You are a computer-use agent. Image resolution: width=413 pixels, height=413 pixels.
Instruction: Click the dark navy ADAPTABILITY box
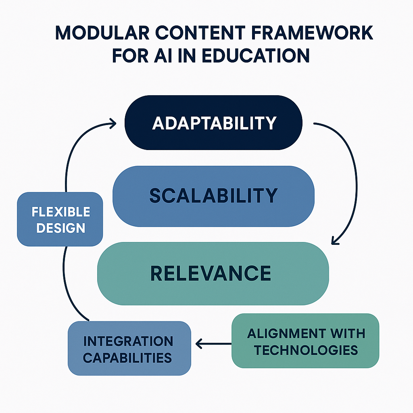point(213,122)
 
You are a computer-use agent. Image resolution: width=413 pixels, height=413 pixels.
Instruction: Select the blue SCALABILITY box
point(213,196)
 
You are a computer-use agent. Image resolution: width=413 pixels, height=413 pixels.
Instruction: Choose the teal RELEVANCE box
point(213,273)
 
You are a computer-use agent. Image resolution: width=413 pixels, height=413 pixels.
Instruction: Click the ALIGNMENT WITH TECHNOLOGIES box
point(305,341)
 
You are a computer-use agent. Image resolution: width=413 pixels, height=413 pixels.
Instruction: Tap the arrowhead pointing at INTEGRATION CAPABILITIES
point(199,344)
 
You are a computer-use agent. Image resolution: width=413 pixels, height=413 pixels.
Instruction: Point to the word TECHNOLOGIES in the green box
point(306,350)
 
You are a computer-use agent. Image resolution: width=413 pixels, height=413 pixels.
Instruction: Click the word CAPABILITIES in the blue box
point(128,357)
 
